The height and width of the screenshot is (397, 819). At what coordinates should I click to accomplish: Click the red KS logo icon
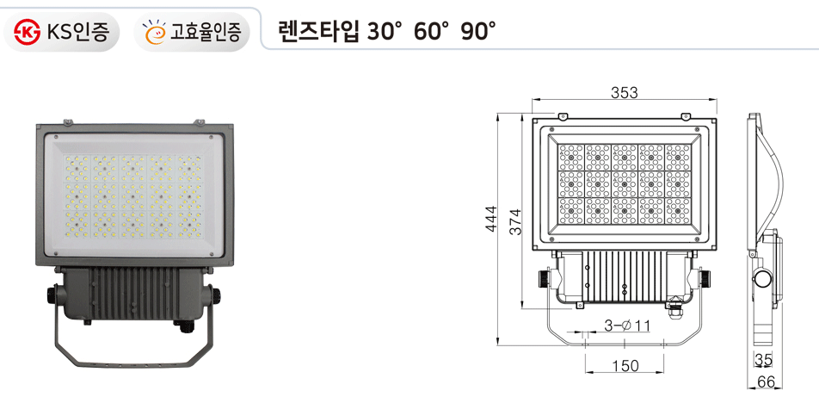pos(28,33)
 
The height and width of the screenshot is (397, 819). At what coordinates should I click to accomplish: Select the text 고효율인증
pos(209,33)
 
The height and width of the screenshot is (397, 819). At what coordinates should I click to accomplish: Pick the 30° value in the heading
pos(385,32)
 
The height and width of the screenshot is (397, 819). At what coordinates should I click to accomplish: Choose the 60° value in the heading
pos(432,32)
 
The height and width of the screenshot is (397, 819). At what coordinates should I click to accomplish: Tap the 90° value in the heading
pos(478,32)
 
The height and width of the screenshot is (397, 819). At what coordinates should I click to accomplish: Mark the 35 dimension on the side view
pos(763,360)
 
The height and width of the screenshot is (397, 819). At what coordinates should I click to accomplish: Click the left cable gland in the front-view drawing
pos(544,278)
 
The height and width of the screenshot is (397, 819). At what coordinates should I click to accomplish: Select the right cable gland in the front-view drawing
pos(706,278)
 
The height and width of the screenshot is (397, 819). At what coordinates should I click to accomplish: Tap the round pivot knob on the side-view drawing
pos(761,278)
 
